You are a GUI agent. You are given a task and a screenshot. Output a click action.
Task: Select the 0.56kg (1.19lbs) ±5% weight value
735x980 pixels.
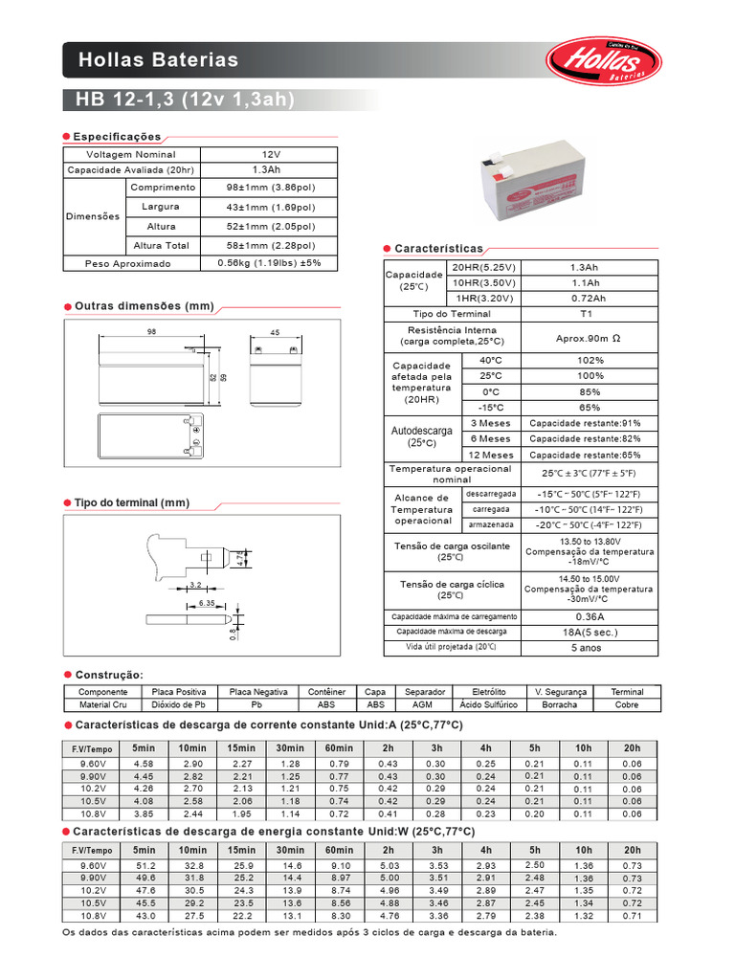point(269,263)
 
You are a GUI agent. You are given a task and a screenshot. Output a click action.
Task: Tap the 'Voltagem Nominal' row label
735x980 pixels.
point(130,154)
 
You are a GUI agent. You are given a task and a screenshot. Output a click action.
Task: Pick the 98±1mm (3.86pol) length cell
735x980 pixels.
point(269,188)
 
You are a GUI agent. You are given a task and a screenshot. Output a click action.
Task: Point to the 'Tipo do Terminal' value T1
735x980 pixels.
point(587,314)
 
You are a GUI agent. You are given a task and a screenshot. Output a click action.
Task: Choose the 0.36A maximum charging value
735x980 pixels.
point(589,616)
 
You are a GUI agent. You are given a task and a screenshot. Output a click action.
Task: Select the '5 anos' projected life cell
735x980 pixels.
point(589,648)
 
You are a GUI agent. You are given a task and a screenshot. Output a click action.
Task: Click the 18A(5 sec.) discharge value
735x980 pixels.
point(589,633)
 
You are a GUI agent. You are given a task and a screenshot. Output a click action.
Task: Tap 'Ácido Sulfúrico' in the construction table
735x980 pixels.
point(488,704)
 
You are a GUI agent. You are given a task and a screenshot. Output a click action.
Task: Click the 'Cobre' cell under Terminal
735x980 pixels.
point(627,704)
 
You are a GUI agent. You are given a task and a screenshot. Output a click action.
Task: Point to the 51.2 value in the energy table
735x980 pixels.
point(144,865)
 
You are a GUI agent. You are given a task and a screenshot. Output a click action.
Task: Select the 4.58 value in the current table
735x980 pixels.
point(144,763)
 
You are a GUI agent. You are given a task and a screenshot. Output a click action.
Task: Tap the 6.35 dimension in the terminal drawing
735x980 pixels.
point(207,604)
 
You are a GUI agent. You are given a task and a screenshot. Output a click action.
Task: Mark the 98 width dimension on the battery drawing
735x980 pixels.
point(151,332)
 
